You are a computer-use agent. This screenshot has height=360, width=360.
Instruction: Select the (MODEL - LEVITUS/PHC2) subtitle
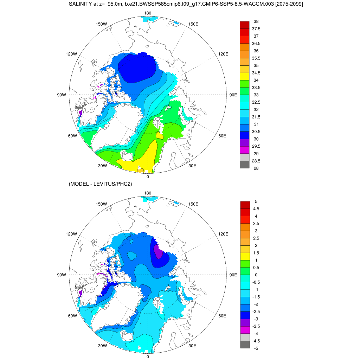coord(100,184)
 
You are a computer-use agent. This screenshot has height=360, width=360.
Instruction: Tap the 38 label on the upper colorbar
coord(256,21)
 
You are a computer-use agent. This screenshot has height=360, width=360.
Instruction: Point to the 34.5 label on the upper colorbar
coord(257,73)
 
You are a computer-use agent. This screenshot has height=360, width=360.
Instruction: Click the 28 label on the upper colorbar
coord(256,168)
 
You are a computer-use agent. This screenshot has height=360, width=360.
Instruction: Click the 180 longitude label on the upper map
coord(148,13)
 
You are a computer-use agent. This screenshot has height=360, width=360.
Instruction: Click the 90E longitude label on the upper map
coord(233,95)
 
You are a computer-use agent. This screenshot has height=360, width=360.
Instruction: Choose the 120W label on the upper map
coord(71,54)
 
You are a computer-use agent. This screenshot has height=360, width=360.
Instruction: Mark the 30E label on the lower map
coord(192,346)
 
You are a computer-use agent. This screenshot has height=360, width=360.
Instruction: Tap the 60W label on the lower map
coord(72,316)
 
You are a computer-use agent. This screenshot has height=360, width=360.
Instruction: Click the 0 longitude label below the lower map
coord(148,356)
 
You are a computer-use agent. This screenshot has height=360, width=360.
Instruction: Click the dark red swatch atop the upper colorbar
coord(245,25)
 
